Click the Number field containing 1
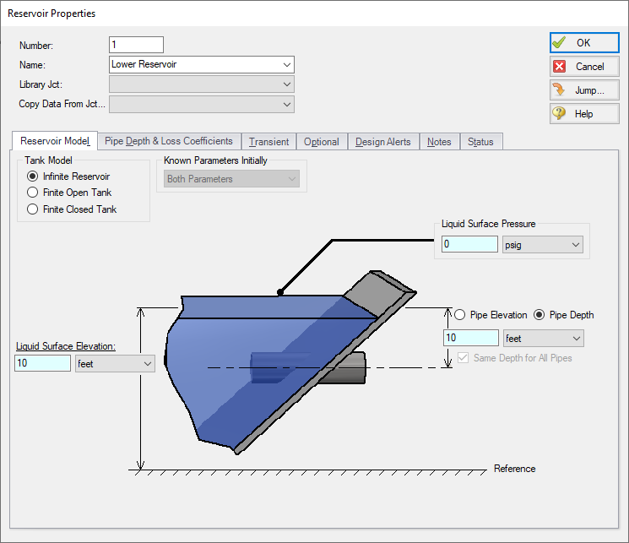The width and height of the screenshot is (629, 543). coord(136,45)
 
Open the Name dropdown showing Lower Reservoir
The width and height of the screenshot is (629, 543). coord(202,64)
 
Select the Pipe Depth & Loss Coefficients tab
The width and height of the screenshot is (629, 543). coord(169,141)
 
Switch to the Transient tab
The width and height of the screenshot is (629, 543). coord(268,142)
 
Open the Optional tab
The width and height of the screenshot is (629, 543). coord(321,142)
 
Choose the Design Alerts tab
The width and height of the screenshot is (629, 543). coord(382,142)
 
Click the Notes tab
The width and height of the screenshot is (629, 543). coord(439,142)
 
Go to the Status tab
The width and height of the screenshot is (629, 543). coord(480,142)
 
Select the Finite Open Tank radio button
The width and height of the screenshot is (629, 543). coord(33,193)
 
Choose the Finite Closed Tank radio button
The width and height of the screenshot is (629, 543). coord(33,209)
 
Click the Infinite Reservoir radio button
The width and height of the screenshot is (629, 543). coord(33,176)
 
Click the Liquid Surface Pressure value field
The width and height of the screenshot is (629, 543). coord(469,244)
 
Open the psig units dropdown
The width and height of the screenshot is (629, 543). coord(542,244)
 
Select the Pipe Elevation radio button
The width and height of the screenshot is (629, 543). coord(460,315)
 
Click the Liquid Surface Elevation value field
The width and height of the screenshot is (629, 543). coord(42,363)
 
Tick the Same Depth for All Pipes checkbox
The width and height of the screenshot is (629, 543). coord(463,358)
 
